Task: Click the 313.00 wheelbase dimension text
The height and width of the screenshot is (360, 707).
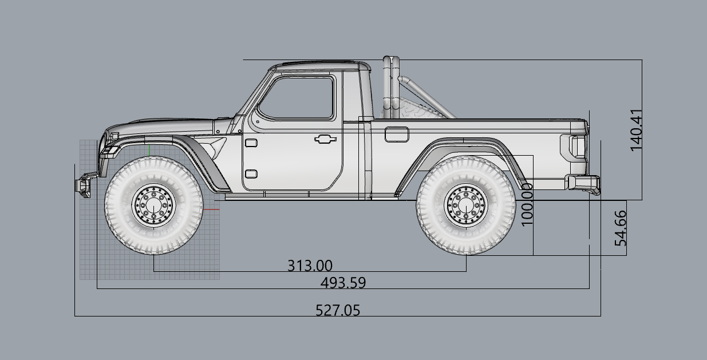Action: tap(310, 266)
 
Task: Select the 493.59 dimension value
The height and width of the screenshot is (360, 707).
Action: tap(343, 283)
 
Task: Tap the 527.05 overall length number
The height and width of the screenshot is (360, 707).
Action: tap(338, 310)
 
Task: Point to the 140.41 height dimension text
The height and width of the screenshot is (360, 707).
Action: tap(636, 130)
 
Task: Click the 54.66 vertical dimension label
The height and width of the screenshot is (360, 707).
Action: tap(621, 228)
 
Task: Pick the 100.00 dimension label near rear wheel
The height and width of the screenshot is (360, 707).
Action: tap(527, 205)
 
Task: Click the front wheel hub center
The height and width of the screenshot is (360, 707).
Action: tap(154, 205)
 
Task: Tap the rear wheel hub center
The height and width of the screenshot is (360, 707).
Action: tap(466, 205)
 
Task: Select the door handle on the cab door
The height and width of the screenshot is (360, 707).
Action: tap(325, 139)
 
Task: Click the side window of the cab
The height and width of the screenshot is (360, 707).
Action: tap(297, 98)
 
